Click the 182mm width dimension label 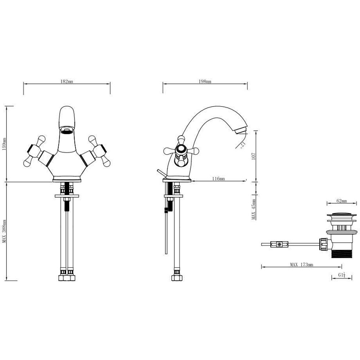click(67, 81)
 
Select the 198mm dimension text click(205, 81)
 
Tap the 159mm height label click(4, 144)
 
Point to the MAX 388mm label click(4, 231)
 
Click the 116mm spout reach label click(219, 179)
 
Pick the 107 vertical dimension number click(254, 156)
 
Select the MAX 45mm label click(254, 209)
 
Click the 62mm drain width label click(342, 201)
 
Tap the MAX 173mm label click(301, 265)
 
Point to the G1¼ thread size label click(342, 275)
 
